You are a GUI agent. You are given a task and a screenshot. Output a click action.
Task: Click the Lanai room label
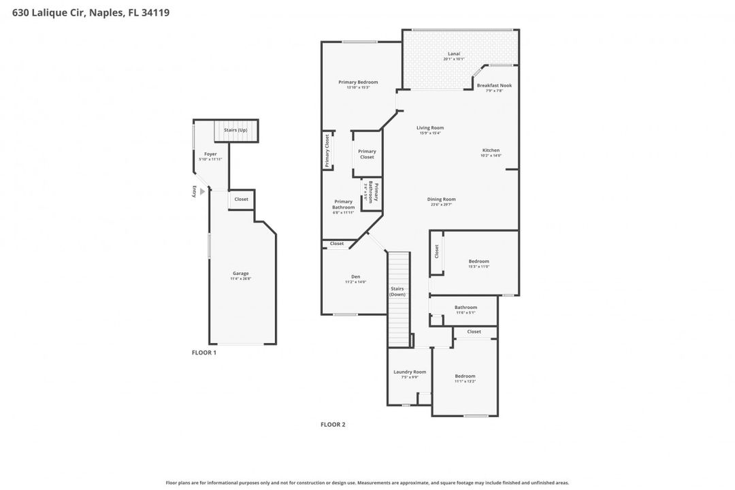pyautogui.click(x=453, y=54)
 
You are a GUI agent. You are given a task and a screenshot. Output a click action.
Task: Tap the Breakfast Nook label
pyautogui.click(x=494, y=86)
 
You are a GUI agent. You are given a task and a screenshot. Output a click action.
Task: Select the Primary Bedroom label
pyautogui.click(x=358, y=82)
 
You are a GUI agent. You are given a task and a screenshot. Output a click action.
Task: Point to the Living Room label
pyautogui.click(x=430, y=128)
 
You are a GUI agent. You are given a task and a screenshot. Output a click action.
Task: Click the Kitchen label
pyautogui.click(x=491, y=150)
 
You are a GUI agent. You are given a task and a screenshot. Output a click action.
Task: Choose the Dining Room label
pyautogui.click(x=441, y=199)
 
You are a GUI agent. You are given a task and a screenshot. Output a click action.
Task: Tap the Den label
pyautogui.click(x=355, y=277)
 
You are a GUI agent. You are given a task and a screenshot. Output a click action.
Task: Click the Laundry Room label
pyautogui.click(x=410, y=372)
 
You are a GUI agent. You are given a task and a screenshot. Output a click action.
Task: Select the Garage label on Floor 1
pyautogui.click(x=240, y=274)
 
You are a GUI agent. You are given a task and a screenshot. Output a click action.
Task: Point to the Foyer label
pyautogui.click(x=210, y=154)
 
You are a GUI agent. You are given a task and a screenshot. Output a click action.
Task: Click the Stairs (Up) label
pyautogui.click(x=235, y=130)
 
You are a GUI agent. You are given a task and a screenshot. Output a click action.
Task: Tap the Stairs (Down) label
pyautogui.click(x=397, y=291)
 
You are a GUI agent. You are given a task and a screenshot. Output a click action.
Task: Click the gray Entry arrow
pyautogui.click(x=202, y=192)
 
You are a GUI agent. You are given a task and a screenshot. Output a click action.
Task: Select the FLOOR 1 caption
pyautogui.click(x=203, y=353)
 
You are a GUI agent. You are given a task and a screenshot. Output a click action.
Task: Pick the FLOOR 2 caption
pyautogui.click(x=333, y=425)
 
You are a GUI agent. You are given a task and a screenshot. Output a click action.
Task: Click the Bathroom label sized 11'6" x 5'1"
pyautogui.click(x=465, y=308)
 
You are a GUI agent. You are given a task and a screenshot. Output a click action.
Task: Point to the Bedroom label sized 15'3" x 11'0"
pyautogui.click(x=478, y=261)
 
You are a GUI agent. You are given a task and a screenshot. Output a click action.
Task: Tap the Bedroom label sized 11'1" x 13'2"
pyautogui.click(x=465, y=376)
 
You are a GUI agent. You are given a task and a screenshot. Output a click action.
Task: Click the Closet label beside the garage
pyautogui.click(x=242, y=199)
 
